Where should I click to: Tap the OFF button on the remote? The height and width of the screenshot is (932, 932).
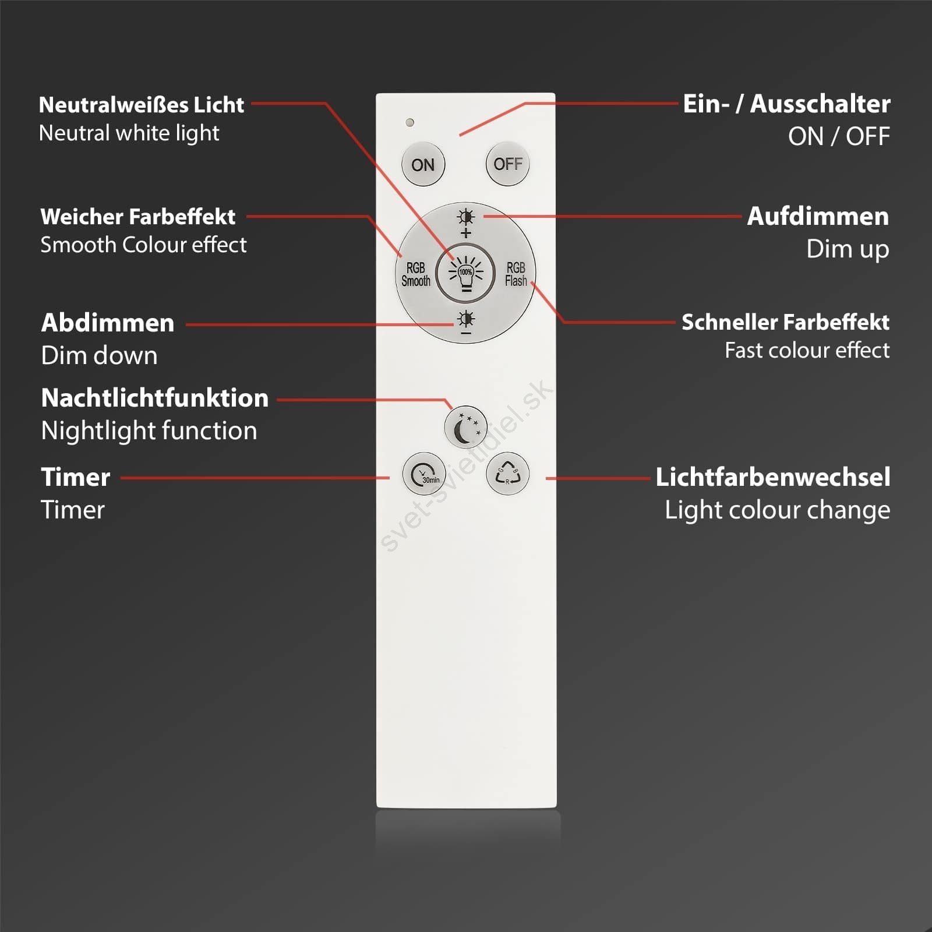pyautogui.click(x=507, y=164)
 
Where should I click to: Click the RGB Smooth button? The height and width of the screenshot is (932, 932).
pyautogui.click(x=415, y=274)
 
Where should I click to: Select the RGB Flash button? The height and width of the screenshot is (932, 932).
pyautogui.click(x=516, y=274)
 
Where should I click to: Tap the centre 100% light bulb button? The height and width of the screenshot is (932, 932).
pyautogui.click(x=465, y=273)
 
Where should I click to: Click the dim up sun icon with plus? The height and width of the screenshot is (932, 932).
pyautogui.click(x=466, y=224)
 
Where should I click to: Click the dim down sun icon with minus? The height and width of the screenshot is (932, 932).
pyautogui.click(x=466, y=323)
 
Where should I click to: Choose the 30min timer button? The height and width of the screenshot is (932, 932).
pyautogui.click(x=424, y=474)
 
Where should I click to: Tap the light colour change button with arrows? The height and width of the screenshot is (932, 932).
pyautogui.click(x=507, y=474)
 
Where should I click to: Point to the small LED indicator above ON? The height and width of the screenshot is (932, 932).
pyautogui.click(x=409, y=122)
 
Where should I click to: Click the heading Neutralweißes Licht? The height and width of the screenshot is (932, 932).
pyautogui.click(x=142, y=105)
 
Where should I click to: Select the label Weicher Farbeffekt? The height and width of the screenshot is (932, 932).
pyautogui.click(x=138, y=217)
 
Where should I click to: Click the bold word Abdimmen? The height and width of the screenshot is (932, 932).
pyautogui.click(x=108, y=323)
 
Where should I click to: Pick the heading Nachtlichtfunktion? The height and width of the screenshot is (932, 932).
pyautogui.click(x=155, y=398)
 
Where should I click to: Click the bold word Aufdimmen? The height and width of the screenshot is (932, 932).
pyautogui.click(x=818, y=216)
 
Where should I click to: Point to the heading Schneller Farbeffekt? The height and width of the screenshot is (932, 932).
pyautogui.click(x=786, y=322)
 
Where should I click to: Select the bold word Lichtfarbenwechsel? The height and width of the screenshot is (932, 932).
pyautogui.click(x=773, y=477)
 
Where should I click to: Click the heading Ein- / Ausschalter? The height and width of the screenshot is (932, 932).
pyautogui.click(x=786, y=104)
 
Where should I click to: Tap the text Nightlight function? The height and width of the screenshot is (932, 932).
pyautogui.click(x=149, y=431)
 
